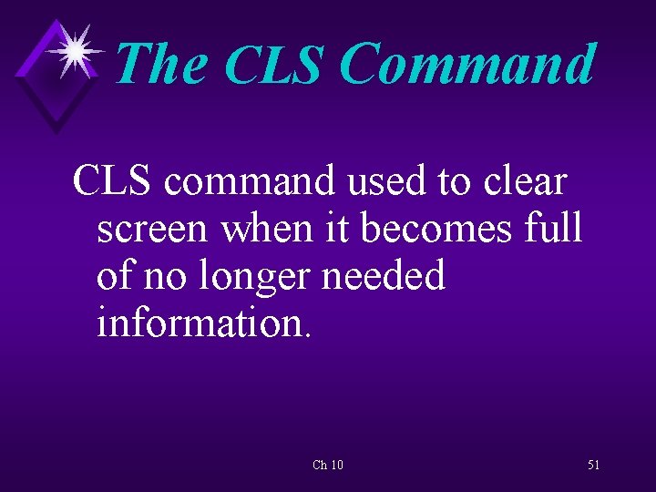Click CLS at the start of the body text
point(113,181)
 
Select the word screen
point(151,229)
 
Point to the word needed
point(390,275)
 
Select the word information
point(204,323)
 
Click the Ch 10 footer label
point(328,465)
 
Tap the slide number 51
point(593,465)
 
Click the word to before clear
point(453,181)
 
